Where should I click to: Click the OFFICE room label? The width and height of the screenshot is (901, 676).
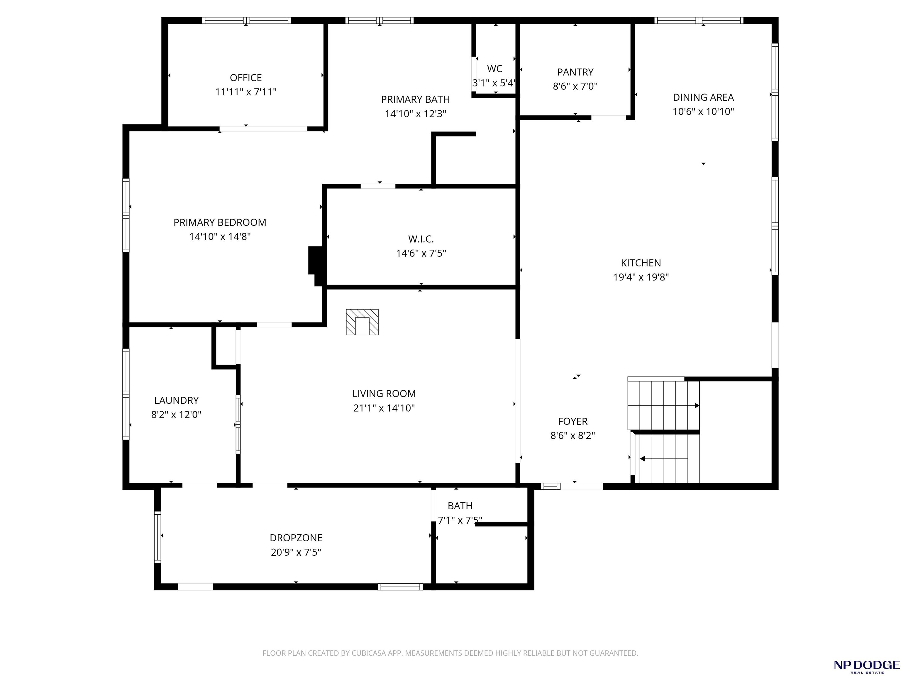[x=245, y=77]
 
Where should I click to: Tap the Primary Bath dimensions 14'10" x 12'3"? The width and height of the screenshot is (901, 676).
[x=416, y=114]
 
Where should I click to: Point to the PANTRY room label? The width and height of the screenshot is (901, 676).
[x=575, y=72]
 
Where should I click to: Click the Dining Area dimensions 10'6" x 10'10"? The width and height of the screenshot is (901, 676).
[x=703, y=111]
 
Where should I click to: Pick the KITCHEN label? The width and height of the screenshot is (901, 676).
[x=641, y=263]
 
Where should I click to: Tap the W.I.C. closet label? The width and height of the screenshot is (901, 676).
[x=421, y=239]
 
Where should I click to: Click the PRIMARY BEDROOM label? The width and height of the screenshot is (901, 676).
[x=220, y=222]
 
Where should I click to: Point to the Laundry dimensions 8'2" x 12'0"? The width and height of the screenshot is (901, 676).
[x=176, y=414]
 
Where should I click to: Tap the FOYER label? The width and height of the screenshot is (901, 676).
[x=573, y=421]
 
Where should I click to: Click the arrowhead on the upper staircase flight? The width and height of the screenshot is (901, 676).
[x=697, y=405]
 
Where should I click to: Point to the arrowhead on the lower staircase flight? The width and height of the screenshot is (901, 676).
[x=642, y=459]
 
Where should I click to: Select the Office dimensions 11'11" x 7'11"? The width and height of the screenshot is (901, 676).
[x=245, y=92]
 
